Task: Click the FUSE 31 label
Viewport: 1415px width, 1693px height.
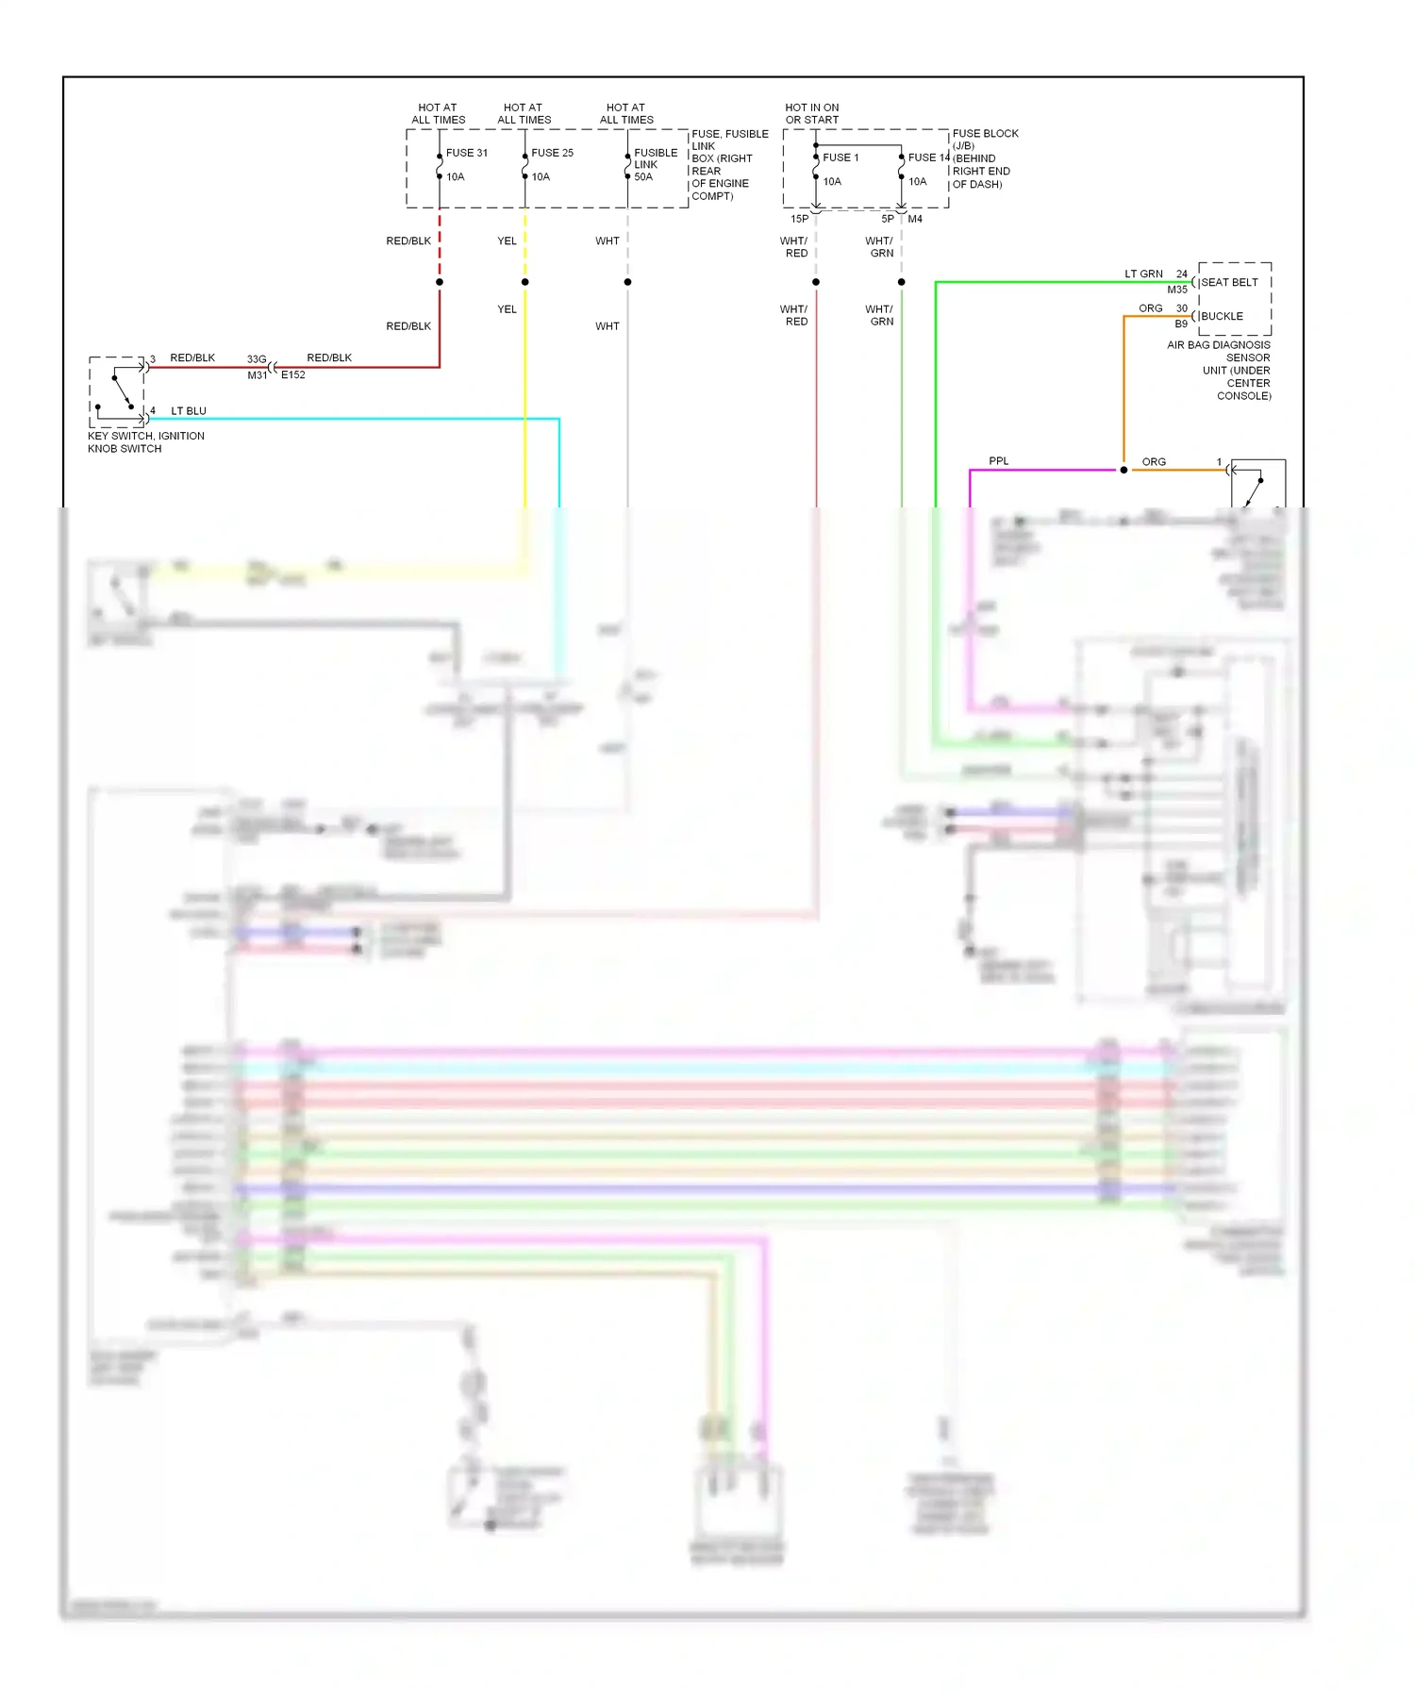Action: pos(466,153)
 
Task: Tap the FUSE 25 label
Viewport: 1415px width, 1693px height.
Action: pos(552,153)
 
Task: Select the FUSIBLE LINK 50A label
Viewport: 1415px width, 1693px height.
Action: pos(656,164)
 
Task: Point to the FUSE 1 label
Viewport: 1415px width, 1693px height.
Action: pos(841,158)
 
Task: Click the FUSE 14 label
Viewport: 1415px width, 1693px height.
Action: pos(928,158)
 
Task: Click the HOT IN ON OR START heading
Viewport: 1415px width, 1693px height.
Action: pos(811,113)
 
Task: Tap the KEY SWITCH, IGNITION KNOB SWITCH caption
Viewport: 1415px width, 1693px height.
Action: pos(145,442)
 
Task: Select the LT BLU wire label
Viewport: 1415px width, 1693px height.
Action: pos(189,411)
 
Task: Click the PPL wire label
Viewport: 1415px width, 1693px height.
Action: pos(998,461)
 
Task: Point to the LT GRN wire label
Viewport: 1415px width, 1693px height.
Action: pos(1143,274)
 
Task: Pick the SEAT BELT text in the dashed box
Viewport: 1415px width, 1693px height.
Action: pos(1229,282)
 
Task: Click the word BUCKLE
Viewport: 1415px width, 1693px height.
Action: pos(1222,316)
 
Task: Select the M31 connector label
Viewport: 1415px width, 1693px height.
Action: pos(258,375)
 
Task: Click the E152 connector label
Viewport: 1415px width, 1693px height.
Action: pos(293,375)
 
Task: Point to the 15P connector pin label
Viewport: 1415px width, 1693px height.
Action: pos(799,219)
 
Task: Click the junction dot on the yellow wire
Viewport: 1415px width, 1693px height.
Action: pos(525,282)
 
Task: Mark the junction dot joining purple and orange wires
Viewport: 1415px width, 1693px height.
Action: pos(1124,470)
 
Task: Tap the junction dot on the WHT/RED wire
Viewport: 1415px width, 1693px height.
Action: pos(816,282)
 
